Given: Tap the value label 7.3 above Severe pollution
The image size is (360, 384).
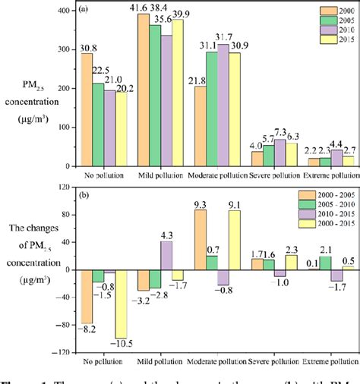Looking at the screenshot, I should coord(281,132).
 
